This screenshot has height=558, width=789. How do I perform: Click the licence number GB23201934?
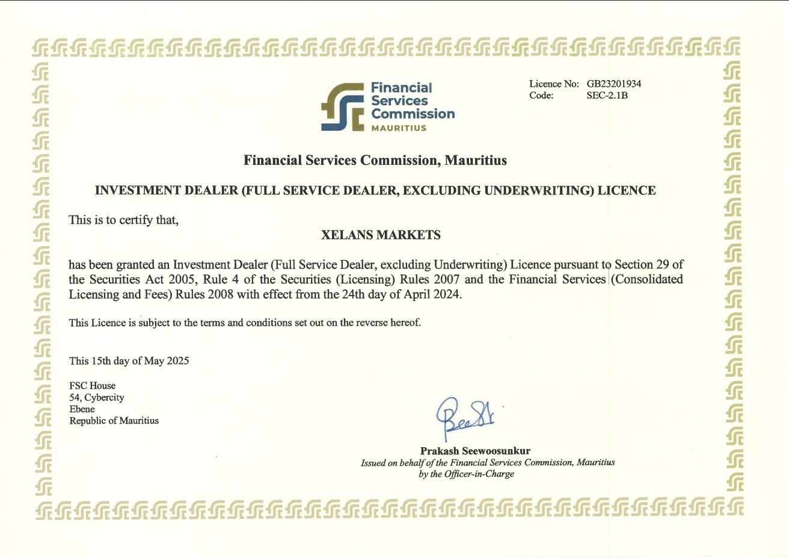pos(614,84)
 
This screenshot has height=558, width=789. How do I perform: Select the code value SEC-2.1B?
pos(607,95)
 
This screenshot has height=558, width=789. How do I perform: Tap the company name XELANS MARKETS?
pos(381,235)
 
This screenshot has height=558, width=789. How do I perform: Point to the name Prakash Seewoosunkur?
pos(475,451)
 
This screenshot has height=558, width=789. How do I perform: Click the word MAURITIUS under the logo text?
pos(399,128)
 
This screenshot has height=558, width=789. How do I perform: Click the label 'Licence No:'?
pos(554,84)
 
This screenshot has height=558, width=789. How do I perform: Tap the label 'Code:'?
pos(541,95)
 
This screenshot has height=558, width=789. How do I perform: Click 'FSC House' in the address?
pos(92,386)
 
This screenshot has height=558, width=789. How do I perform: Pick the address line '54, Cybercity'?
pos(97,397)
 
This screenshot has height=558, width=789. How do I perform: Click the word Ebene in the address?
pos(82,409)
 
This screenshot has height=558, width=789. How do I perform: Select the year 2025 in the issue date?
pos(178,361)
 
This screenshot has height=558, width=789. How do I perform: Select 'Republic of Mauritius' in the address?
pos(114,421)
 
